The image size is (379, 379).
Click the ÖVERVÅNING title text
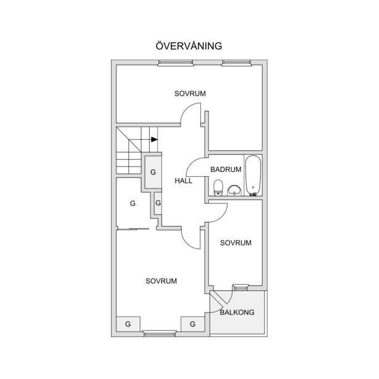[x=189, y=46]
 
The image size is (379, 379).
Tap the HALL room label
[x=184, y=181]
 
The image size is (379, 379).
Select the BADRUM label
[x=226, y=169]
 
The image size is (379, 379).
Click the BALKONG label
[x=237, y=312]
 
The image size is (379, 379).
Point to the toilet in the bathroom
[x=218, y=187]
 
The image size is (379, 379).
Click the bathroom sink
[x=234, y=190]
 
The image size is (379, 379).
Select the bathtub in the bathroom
[x=253, y=175]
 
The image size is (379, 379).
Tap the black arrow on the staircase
[x=155, y=139]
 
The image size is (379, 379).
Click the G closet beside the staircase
[x=153, y=172]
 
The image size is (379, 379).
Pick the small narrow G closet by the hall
[x=158, y=203]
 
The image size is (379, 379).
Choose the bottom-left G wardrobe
[x=128, y=324]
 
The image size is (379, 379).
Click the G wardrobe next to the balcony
[x=193, y=324]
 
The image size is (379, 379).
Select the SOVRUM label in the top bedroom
[x=190, y=94]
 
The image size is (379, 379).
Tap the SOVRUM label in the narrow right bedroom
[x=235, y=243]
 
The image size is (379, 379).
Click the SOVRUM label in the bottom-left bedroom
[x=161, y=281]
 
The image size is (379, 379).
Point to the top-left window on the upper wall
[x=176, y=63]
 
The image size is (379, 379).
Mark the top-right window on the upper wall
[x=237, y=63]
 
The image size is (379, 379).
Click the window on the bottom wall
[x=160, y=334]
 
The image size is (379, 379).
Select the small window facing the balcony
[x=240, y=287]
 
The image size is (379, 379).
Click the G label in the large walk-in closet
[x=132, y=203]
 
